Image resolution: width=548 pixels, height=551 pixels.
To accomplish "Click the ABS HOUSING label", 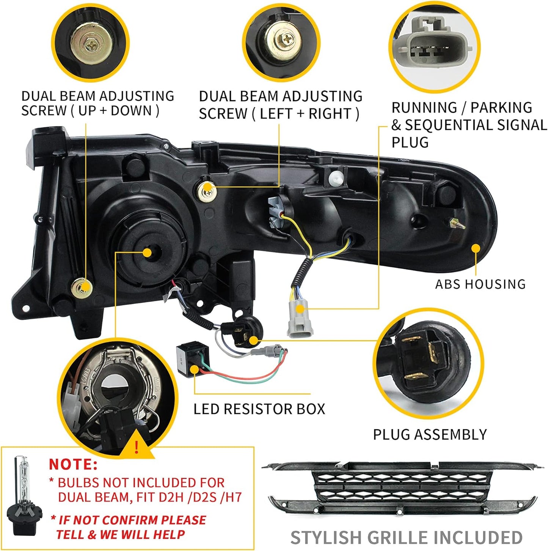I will coord(480,284).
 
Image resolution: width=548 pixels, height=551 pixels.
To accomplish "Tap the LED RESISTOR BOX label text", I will coord(259,409).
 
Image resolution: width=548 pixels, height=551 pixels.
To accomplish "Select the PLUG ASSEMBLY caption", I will coord(430,434).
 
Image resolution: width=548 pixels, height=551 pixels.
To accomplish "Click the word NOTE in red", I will coord(73,464).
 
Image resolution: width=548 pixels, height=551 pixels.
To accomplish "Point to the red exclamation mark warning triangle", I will coord(137,447).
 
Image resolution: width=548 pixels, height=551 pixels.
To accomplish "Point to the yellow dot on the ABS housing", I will coord(475,248).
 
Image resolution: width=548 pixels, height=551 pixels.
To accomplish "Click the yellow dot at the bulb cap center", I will coord(148,253).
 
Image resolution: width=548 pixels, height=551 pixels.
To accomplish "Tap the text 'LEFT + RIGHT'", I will coord(306,114).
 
